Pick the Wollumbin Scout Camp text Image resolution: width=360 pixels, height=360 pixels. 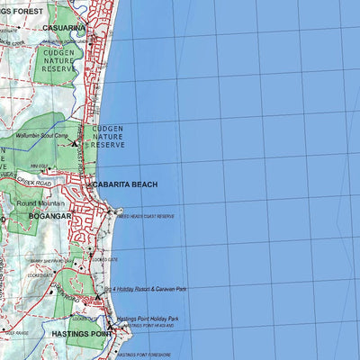pos(42,136)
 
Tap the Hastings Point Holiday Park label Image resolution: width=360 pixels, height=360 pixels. pos(148,319)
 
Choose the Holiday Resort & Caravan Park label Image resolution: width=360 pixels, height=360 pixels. pos(146,290)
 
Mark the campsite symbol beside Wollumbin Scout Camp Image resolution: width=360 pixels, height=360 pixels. pos(76,142)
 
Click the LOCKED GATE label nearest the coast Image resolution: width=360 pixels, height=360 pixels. pos(104,259)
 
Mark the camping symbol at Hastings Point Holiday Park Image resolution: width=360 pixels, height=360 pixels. pos(112,321)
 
